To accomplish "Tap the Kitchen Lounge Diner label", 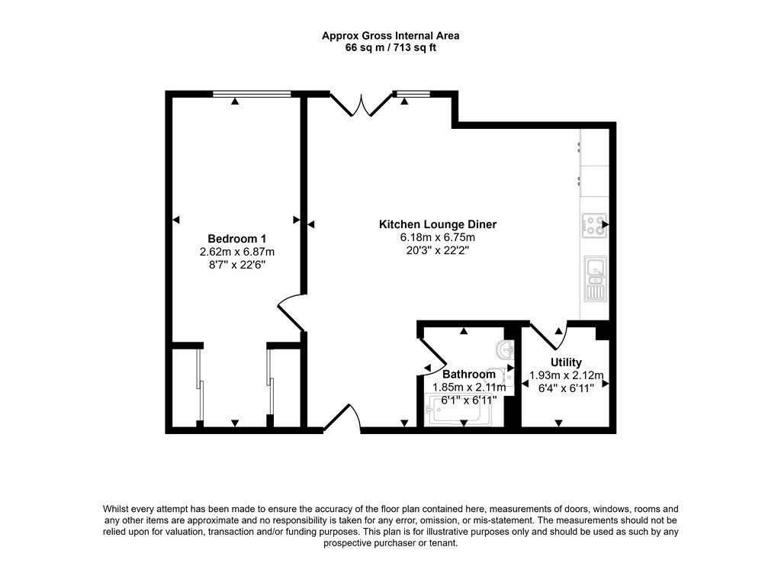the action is (x=438, y=224).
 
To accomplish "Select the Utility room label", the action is (x=566, y=362).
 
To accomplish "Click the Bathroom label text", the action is (x=469, y=374).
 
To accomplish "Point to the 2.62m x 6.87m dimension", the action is (x=236, y=252).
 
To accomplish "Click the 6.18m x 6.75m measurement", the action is (x=438, y=237).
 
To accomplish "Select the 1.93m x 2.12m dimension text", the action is (x=567, y=375).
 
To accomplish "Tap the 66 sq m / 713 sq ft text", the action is (x=390, y=48).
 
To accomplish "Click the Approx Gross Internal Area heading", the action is (x=390, y=36).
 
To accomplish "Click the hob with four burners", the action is (x=594, y=226).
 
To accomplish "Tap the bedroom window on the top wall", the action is (x=252, y=94).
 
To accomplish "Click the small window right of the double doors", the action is (x=413, y=94).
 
